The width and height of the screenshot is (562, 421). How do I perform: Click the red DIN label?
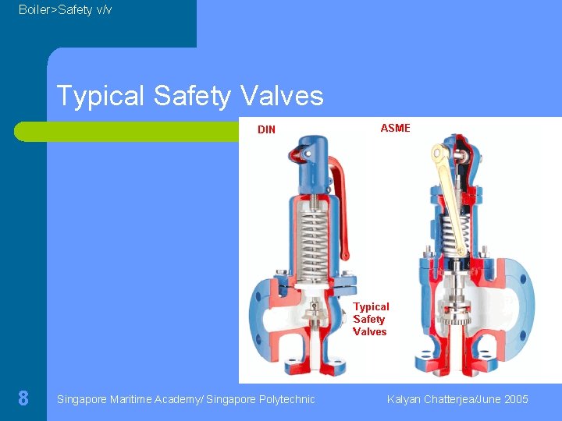point(266,130)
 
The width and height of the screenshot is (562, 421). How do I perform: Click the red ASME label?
point(395,128)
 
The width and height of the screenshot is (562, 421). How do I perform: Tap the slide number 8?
point(23,399)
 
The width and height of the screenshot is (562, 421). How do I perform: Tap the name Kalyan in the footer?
point(404,399)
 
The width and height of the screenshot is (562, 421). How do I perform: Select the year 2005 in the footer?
point(516,399)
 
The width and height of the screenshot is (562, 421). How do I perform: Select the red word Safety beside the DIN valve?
point(369,319)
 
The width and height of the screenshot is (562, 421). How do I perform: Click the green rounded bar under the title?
point(125,131)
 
